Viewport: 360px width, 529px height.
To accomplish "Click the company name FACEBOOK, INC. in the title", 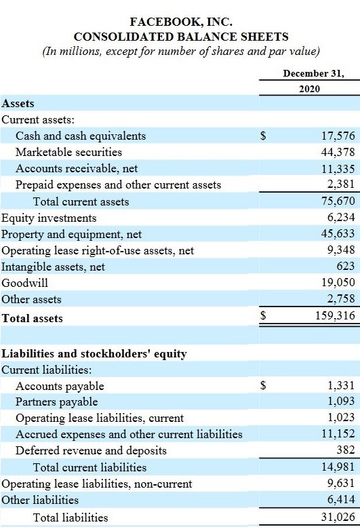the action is (x=181, y=22).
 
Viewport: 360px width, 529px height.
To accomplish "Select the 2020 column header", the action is (x=309, y=89).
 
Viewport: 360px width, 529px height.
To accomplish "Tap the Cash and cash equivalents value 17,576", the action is (x=338, y=136).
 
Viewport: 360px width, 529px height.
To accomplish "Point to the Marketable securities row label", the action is (x=69, y=152).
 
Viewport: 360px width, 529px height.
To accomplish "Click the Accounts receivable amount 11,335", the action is (x=338, y=168).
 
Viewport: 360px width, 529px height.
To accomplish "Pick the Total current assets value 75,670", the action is (x=338, y=201).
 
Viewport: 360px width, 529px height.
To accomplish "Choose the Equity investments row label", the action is (x=49, y=218).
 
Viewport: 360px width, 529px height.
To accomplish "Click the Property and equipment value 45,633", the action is (x=338, y=233).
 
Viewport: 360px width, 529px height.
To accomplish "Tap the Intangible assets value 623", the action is (x=346, y=266).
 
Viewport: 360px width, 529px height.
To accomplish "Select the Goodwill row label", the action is (x=24, y=283).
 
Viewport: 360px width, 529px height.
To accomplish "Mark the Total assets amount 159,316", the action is (x=336, y=315).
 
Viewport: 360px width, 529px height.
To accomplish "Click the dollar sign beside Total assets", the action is (x=264, y=315).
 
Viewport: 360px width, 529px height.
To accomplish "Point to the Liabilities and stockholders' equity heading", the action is (x=94, y=353).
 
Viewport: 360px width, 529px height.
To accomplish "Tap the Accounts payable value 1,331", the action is (x=342, y=385).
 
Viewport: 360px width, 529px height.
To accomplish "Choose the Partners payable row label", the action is (x=57, y=401).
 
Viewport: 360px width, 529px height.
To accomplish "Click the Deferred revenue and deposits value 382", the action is (x=346, y=450).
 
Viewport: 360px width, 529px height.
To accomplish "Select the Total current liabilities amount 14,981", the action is (x=338, y=467).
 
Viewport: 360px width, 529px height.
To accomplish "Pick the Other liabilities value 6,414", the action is (x=342, y=499).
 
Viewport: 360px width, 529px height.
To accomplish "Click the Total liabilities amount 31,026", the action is (x=338, y=517).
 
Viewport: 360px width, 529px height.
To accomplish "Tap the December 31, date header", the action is (x=314, y=73).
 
